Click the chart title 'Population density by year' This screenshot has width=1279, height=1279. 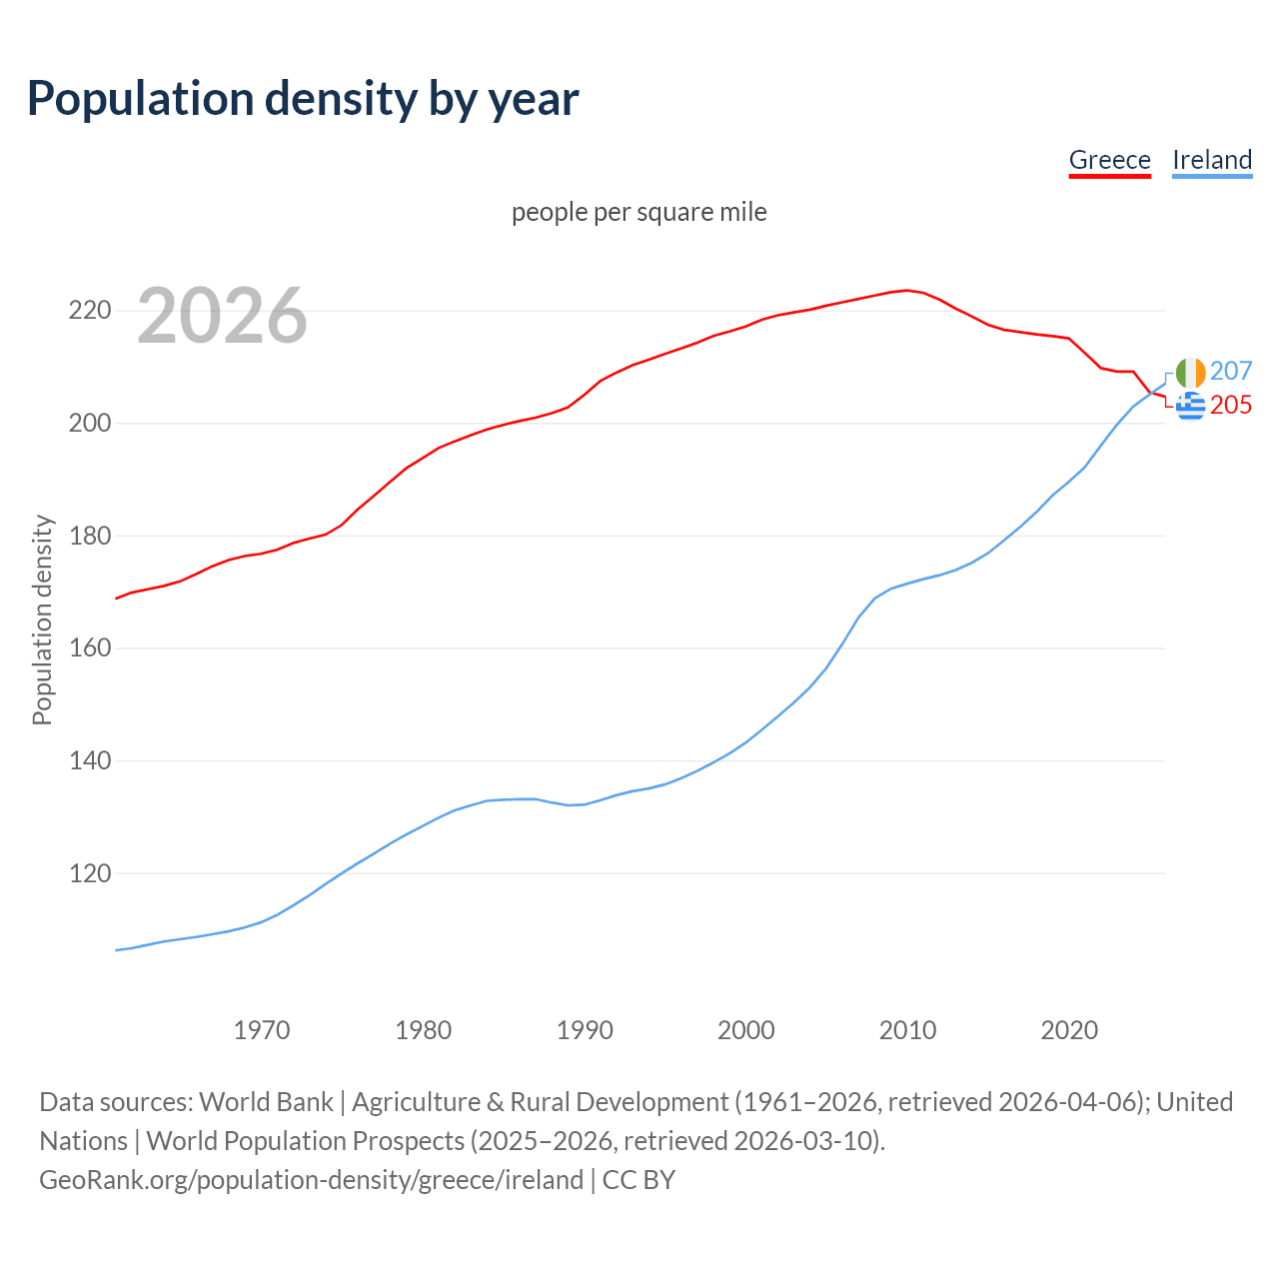click(x=303, y=98)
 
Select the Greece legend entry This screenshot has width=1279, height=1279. click(x=1109, y=160)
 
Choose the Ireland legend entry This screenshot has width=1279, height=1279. click(x=1211, y=160)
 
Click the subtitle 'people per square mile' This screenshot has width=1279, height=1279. click(x=639, y=212)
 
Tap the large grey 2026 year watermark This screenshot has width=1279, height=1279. click(x=222, y=316)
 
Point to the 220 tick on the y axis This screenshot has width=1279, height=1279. click(x=89, y=311)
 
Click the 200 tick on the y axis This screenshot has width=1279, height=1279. click(x=89, y=424)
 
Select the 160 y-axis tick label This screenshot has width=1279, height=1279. click(x=89, y=648)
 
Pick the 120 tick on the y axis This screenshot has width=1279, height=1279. click(x=89, y=873)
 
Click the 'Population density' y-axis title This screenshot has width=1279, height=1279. click(x=42, y=620)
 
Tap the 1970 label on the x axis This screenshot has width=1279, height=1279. click(x=262, y=1030)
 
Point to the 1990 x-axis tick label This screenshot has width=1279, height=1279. click(x=585, y=1030)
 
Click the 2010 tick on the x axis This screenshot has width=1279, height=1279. click(x=907, y=1030)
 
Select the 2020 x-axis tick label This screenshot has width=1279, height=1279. click(x=1069, y=1030)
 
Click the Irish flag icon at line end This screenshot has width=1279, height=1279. click(x=1190, y=373)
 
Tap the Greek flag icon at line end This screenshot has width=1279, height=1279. click(x=1190, y=406)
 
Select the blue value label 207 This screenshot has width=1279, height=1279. click(x=1231, y=372)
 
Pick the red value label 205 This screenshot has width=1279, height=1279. click(x=1231, y=405)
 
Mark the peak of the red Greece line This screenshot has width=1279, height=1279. click(x=907, y=290)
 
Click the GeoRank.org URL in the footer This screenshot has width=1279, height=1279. click(x=311, y=1180)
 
